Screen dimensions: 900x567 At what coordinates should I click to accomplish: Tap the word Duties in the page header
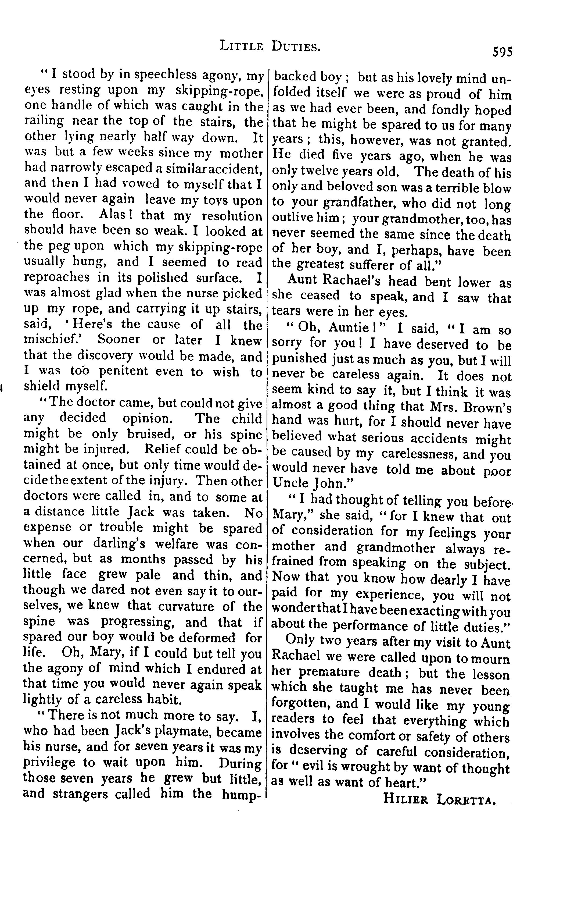296,46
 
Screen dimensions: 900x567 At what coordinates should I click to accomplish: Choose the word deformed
210,637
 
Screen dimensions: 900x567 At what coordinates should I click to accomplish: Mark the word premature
331,673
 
